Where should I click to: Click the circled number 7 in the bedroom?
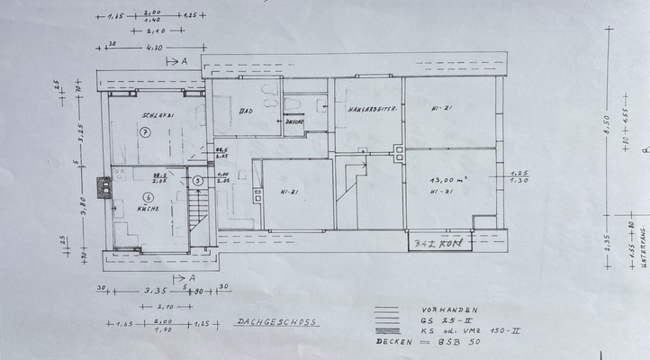(144, 131)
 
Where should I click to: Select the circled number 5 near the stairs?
(198, 179)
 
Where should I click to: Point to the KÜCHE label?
(148, 208)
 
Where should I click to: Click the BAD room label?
(245, 112)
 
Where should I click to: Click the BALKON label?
(435, 243)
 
